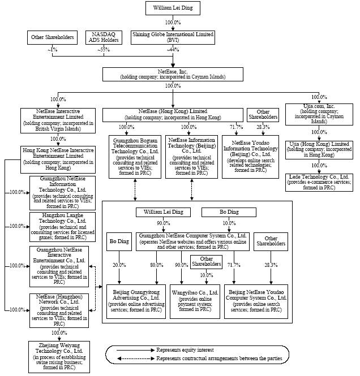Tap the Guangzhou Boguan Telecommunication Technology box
tap(134, 155)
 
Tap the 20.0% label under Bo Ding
tap(119, 265)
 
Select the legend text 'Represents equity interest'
tap(182, 350)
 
